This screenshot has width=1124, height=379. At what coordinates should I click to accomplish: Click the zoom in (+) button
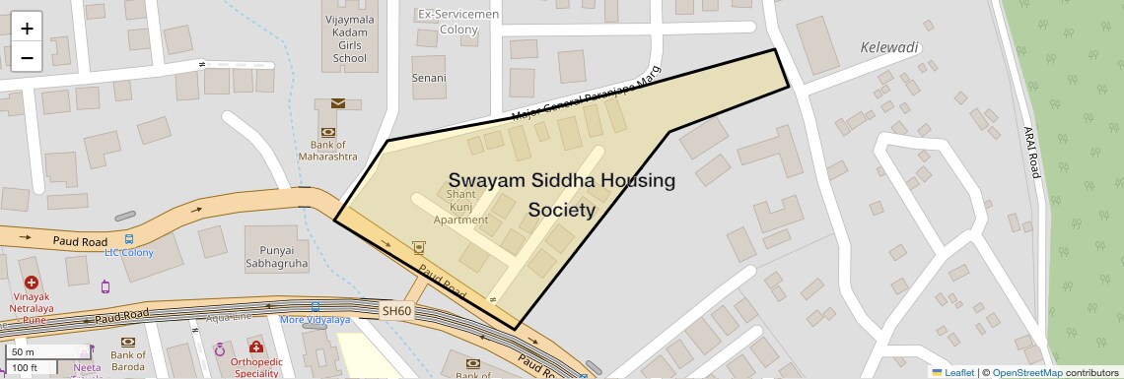tap(27, 29)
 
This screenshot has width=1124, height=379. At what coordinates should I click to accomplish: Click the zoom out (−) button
tap(27, 58)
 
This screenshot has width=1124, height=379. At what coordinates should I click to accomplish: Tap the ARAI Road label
tap(1031, 153)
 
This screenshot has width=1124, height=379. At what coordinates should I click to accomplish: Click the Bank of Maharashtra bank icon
tap(327, 132)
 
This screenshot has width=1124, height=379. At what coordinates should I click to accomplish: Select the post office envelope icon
tap(338, 103)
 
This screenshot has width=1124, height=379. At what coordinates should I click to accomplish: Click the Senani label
tap(428, 78)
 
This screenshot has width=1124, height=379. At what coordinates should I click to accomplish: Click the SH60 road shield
tap(396, 311)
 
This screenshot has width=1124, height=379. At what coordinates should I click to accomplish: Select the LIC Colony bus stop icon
tap(129, 239)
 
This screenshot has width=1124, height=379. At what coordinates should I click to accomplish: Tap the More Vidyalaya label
tap(315, 320)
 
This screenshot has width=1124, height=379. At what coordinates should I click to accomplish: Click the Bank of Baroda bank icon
tap(127, 342)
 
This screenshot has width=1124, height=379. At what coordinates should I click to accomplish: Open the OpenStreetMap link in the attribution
tap(1026, 372)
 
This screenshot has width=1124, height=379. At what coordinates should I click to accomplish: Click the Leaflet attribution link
tap(952, 372)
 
